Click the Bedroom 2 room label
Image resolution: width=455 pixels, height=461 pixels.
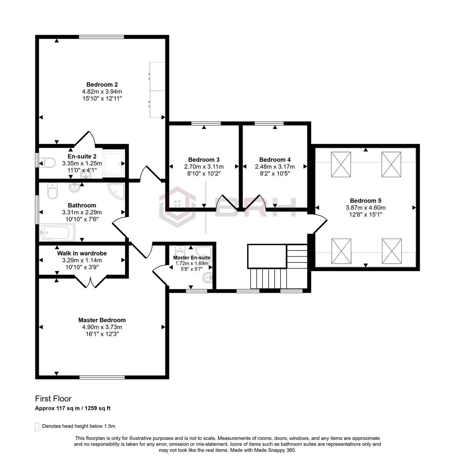pyautogui.click(x=102, y=85)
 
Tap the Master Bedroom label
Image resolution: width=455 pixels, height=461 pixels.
pyautogui.click(x=102, y=320)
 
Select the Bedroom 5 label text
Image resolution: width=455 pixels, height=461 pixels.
pyautogui.click(x=365, y=201)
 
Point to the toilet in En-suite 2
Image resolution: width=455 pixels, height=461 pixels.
pyautogui.click(x=46, y=163)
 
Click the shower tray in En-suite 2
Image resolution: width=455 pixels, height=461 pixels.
pyautogui.click(x=114, y=163)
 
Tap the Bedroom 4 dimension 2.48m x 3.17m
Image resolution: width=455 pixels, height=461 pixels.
pyautogui.click(x=275, y=167)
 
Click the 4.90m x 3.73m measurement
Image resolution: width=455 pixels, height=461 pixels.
pyautogui.click(x=102, y=327)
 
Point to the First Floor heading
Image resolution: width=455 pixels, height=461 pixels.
pyautogui.click(x=53, y=399)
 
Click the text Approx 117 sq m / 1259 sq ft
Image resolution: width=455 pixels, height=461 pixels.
pyautogui.click(x=73, y=408)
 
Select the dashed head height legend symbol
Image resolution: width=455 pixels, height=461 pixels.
pyautogui.click(x=37, y=427)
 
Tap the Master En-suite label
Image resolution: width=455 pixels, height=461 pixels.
pyautogui.click(x=191, y=257)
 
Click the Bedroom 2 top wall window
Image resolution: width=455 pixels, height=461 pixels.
pyautogui.click(x=101, y=37)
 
